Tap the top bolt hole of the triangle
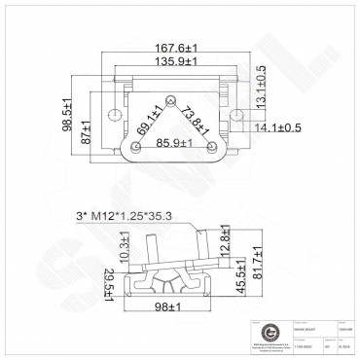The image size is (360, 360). coord(171,99)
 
